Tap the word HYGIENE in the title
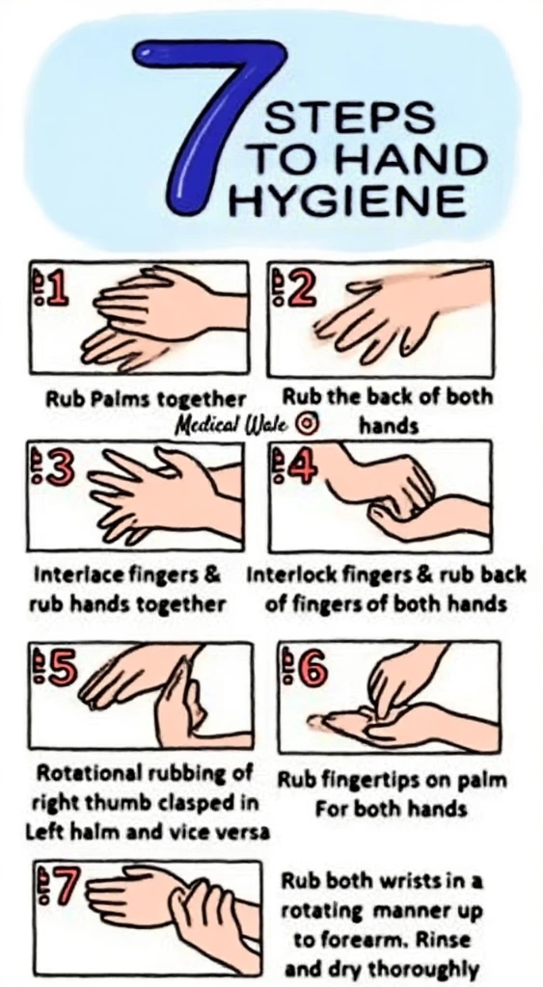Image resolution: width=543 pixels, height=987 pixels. [347, 201]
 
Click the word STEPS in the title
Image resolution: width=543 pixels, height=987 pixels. [337, 119]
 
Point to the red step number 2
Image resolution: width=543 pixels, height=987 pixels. [300, 287]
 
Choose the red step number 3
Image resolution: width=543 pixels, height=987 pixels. [57, 468]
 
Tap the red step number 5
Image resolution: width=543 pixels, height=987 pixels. [60, 668]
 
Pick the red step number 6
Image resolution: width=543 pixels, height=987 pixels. [312, 669]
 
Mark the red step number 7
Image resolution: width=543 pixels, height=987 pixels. [62, 888]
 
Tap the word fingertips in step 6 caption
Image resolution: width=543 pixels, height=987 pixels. [360, 780]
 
